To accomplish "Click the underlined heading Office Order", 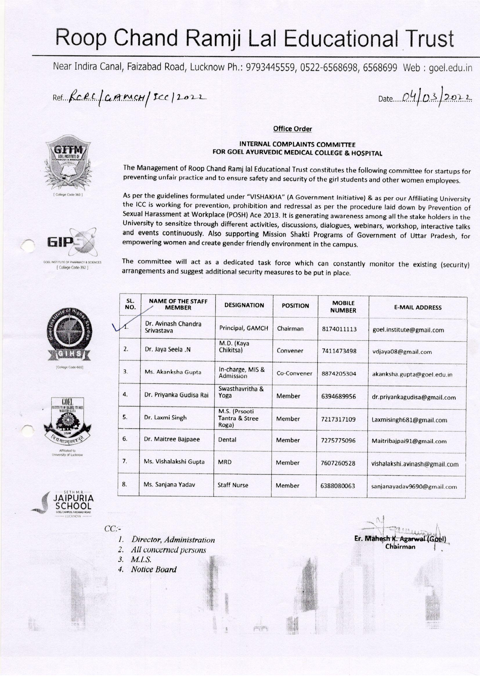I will [292, 129].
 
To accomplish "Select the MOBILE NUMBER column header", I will [343, 307].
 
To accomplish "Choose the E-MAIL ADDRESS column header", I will [417, 307].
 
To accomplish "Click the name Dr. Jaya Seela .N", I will [167, 349].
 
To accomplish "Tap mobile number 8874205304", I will [339, 373].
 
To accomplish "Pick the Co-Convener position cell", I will [294, 373].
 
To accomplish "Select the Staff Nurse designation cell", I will [233, 485].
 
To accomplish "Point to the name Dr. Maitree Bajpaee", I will [172, 439].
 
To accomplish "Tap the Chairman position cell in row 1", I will [290, 328].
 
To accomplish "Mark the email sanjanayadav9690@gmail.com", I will [414, 486].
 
